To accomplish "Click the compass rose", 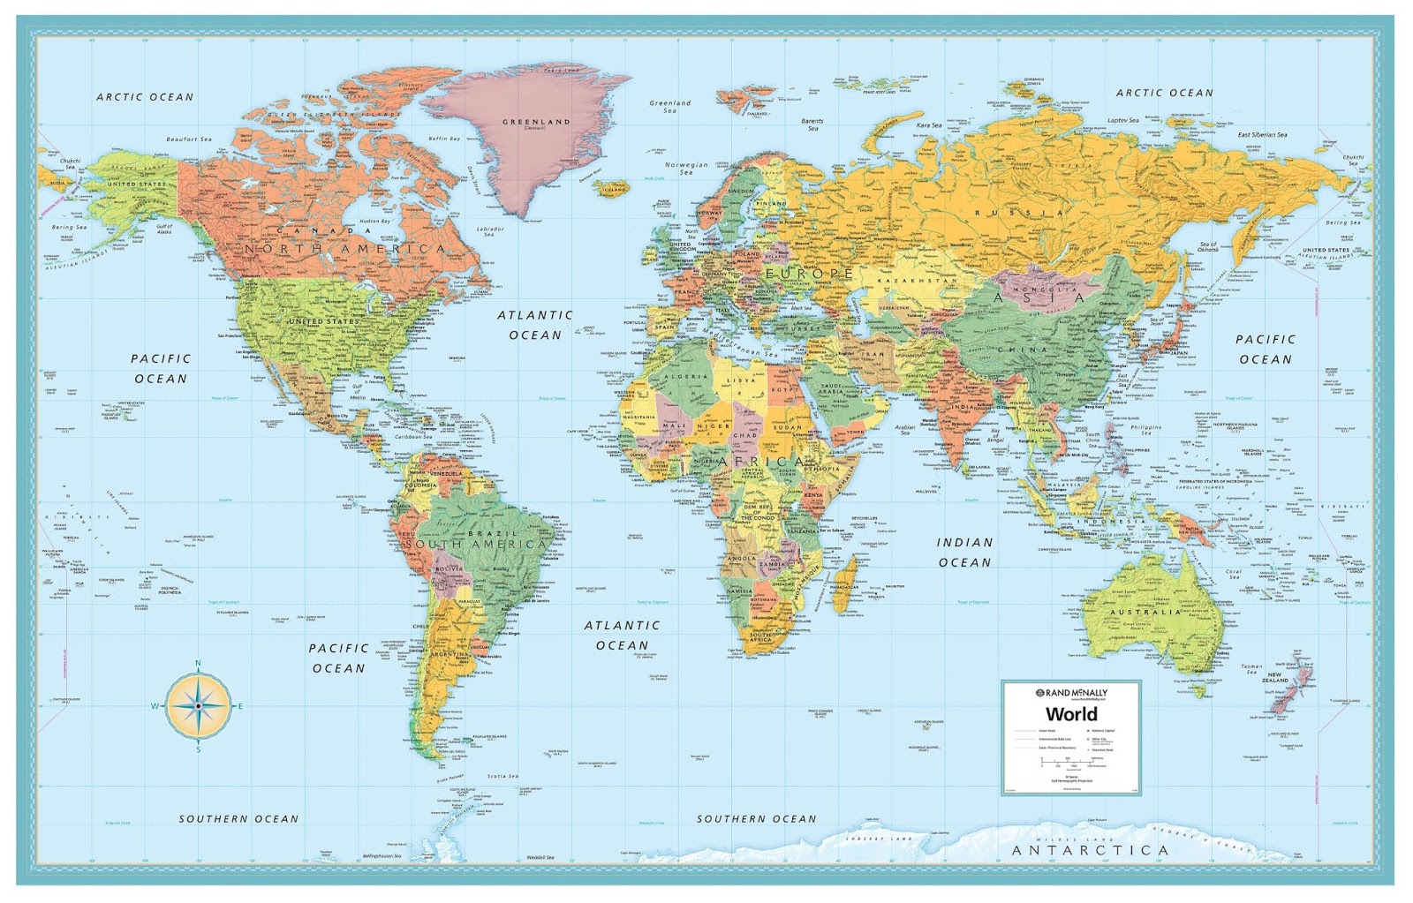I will click(x=198, y=705).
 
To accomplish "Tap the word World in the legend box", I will click(x=1071, y=714).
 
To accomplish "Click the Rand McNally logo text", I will click(x=1071, y=693).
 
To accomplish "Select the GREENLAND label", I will click(x=536, y=122).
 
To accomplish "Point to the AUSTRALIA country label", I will click(x=1145, y=612).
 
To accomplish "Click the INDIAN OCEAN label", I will click(x=964, y=553).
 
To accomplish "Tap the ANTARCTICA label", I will click(x=1090, y=850).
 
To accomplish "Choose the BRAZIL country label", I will click(x=493, y=534).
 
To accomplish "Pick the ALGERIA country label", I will click(x=686, y=377).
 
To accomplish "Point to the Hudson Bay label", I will click(x=374, y=222).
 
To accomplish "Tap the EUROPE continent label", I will click(x=810, y=274).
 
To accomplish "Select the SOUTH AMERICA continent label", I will click(x=476, y=545).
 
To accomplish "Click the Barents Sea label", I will click(x=812, y=124).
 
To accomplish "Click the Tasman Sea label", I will click(x=1251, y=669).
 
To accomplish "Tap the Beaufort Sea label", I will click(x=189, y=139).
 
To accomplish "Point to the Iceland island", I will click(x=613, y=188).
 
